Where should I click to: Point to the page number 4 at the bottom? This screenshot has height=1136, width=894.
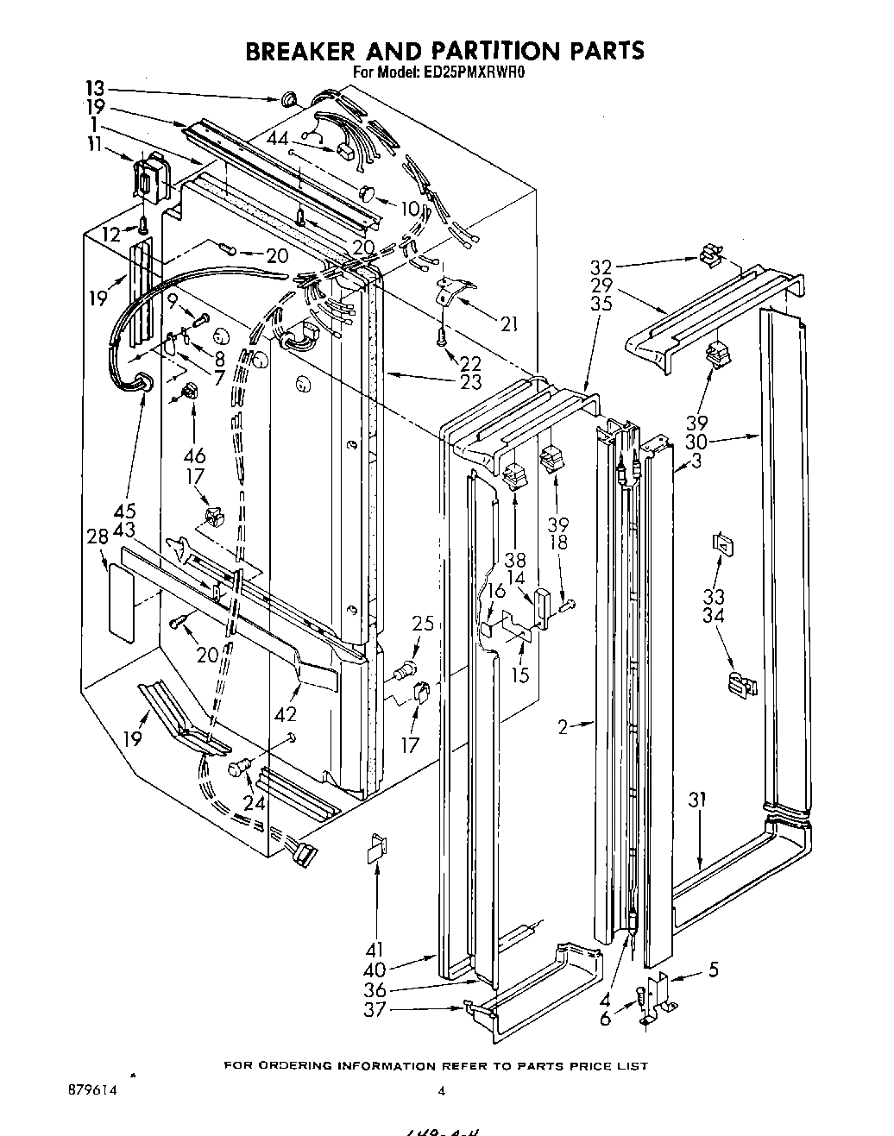[441, 1091]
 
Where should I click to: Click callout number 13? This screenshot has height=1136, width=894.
[95, 87]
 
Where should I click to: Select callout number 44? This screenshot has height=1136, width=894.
[277, 139]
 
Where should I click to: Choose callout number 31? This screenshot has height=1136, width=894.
[697, 800]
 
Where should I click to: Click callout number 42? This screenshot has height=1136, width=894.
[285, 714]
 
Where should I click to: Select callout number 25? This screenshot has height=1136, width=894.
[422, 623]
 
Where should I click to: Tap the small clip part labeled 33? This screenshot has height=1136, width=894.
[721, 544]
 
